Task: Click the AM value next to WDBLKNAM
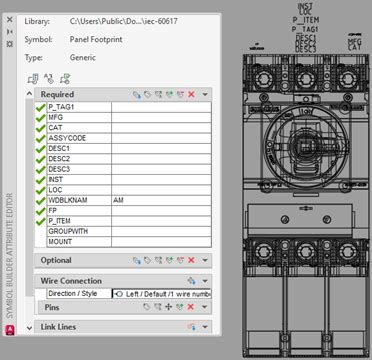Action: [119, 200]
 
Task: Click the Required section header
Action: [58, 93]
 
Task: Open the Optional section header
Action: [56, 260]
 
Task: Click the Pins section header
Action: [51, 307]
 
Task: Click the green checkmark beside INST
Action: [40, 179]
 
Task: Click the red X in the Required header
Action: [191, 94]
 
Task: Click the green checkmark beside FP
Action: [40, 210]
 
